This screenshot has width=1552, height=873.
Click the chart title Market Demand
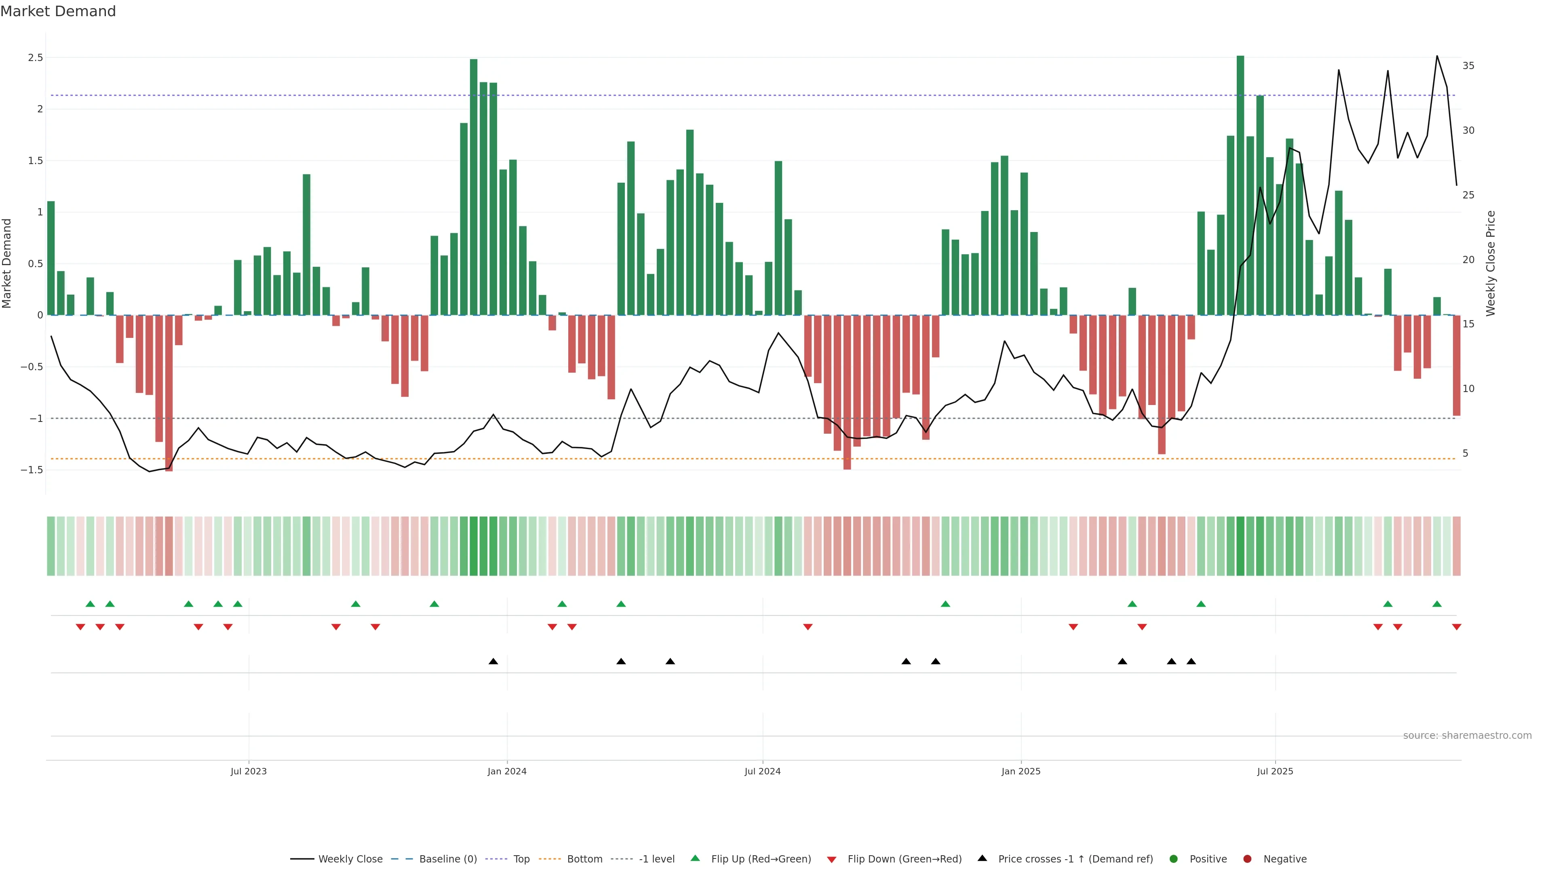tap(58, 11)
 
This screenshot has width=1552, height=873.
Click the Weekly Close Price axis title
tap(1491, 263)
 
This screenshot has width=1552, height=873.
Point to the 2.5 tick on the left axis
tap(36, 58)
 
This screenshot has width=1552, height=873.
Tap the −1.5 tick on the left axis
tap(32, 470)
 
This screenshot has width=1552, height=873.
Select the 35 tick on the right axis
tap(1468, 65)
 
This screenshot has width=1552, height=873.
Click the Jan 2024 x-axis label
tap(507, 771)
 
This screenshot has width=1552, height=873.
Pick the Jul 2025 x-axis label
tap(1275, 771)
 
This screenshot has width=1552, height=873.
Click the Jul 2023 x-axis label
tap(248, 771)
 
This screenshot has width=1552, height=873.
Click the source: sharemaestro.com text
tap(1467, 736)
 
